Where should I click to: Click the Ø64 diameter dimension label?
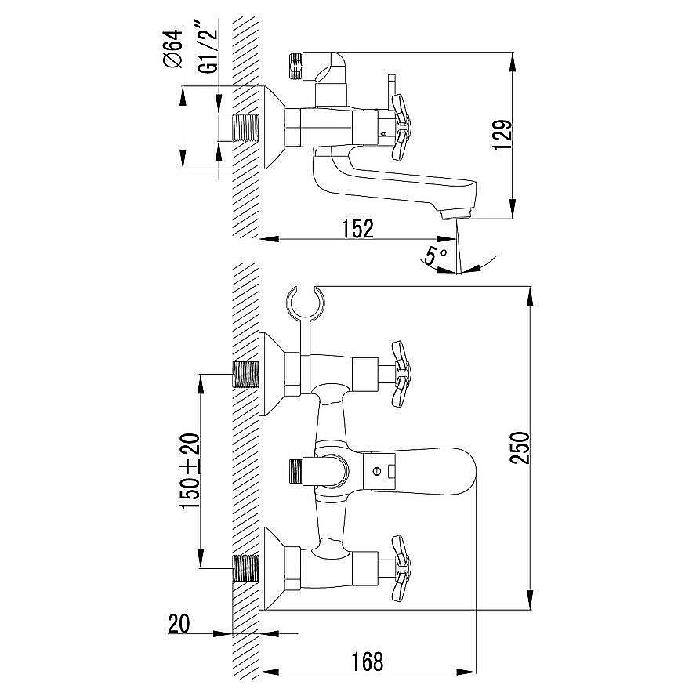pyautogui.click(x=173, y=49)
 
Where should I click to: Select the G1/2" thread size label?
pyautogui.click(x=209, y=49)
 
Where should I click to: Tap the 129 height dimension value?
pyautogui.click(x=503, y=135)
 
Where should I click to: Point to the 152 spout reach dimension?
pyautogui.click(x=357, y=229)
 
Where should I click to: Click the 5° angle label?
pyautogui.click(x=434, y=256)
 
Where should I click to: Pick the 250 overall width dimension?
pyautogui.click(x=520, y=448)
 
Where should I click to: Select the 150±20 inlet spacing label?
pyautogui.click(x=190, y=471)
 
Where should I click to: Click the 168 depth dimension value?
pyautogui.click(x=368, y=662)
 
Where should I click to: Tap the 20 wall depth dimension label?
pyautogui.click(x=179, y=623)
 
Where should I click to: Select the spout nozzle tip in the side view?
pyautogui.click(x=456, y=216)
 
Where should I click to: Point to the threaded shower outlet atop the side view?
pyautogui.click(x=295, y=67)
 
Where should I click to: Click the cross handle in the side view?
pyautogui.click(x=401, y=126)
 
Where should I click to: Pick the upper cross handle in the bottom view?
pyautogui.click(x=401, y=373)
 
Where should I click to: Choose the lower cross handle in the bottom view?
pyautogui.click(x=401, y=567)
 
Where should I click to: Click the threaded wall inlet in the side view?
pyautogui.click(x=245, y=128)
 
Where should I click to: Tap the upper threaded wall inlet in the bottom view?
pyautogui.click(x=245, y=374)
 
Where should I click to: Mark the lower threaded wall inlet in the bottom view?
pyautogui.click(x=245, y=568)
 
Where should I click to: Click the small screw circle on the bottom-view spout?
pyautogui.click(x=376, y=471)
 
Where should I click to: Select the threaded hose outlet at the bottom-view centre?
pyautogui.click(x=295, y=471)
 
